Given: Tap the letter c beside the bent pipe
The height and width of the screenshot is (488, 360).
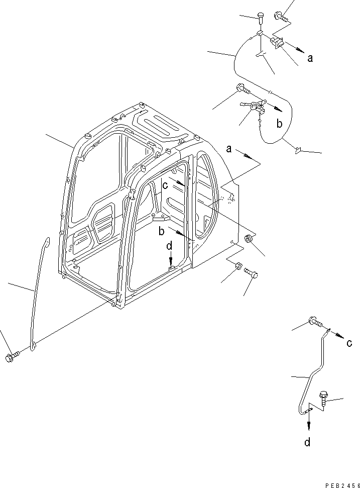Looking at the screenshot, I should [348, 343].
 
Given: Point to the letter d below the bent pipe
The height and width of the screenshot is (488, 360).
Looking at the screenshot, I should [307, 442].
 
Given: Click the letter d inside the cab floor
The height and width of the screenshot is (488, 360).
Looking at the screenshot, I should [170, 246].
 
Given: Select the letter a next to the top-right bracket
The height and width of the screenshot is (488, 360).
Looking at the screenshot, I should [310, 58].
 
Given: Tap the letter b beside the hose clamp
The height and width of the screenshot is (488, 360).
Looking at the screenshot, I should [280, 123].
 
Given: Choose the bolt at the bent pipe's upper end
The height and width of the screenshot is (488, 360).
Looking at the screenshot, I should [314, 321].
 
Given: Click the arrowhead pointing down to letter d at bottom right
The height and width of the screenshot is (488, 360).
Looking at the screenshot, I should [308, 426].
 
